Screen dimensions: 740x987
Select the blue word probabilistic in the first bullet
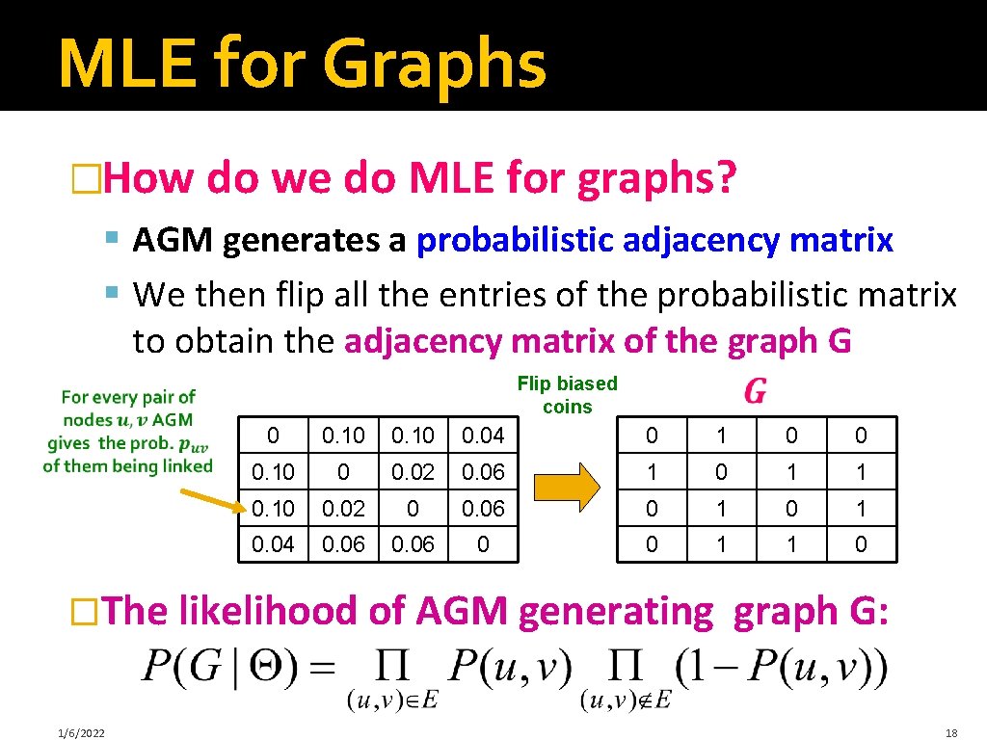click(x=515, y=240)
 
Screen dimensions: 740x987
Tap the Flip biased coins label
click(x=567, y=395)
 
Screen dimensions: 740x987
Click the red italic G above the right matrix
click(x=756, y=391)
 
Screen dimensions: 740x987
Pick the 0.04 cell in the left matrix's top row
click(x=483, y=436)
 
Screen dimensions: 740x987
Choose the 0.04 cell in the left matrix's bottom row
click(x=273, y=545)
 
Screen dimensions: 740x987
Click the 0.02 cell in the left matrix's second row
click(x=413, y=473)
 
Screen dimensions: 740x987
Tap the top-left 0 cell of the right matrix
click(x=653, y=436)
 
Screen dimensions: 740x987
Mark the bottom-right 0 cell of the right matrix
click(x=861, y=545)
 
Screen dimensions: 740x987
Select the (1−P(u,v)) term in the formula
click(x=781, y=667)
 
